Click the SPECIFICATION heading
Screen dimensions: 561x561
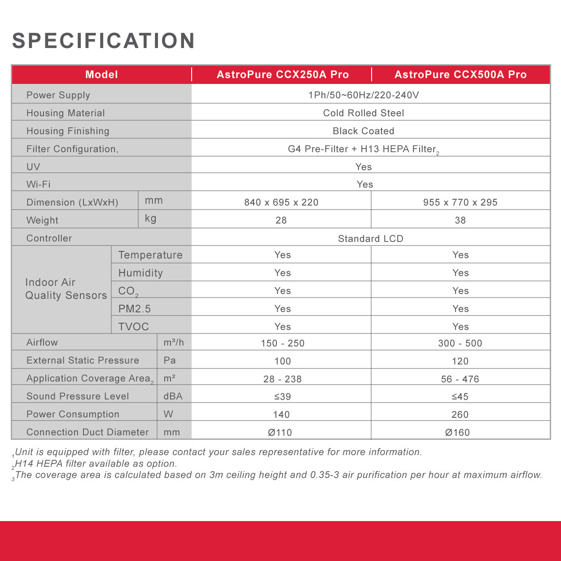coord(104,41)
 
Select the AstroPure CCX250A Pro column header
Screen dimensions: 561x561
coord(283,75)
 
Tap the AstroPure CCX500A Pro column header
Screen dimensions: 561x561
coord(460,75)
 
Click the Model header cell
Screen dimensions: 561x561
coord(102,75)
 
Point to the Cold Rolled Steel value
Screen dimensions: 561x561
coord(364,113)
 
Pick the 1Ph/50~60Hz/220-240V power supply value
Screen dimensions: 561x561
coord(364,95)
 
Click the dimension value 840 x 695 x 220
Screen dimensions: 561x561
coord(281,202)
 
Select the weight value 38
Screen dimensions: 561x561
coord(460,220)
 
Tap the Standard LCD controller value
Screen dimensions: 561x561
coord(371,239)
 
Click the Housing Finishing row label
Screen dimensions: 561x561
coord(68,131)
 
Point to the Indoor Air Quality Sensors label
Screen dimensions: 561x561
coord(66,289)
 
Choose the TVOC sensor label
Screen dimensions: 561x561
coord(134,327)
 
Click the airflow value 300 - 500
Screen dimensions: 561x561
coord(460,343)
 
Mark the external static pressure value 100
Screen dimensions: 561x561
coord(283,361)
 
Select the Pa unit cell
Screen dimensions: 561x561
coord(170,360)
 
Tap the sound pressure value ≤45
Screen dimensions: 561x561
coord(460,397)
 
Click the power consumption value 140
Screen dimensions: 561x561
coord(281,415)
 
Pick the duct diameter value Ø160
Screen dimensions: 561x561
coord(457,433)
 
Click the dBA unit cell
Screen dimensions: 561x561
coord(173,396)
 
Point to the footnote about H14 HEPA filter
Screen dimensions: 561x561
coord(96,464)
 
